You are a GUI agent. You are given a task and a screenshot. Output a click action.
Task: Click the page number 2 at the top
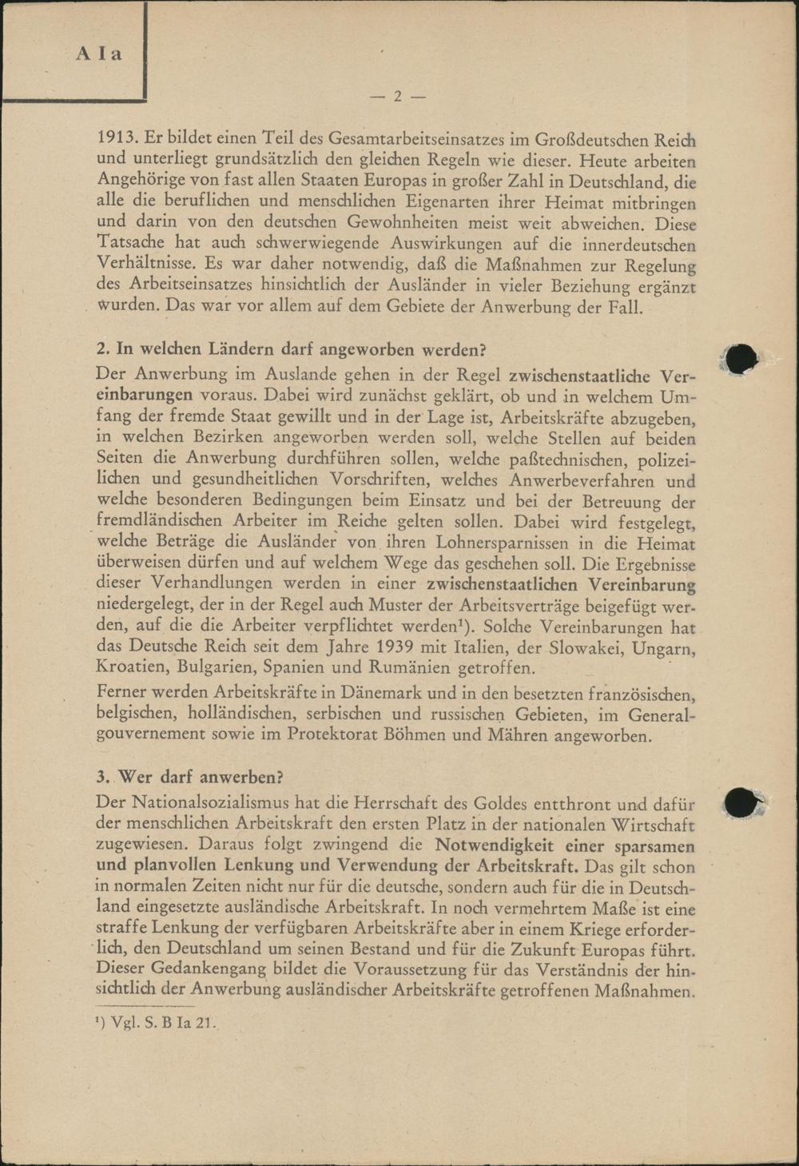coord(397,97)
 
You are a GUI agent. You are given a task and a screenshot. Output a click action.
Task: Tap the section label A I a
coord(99,54)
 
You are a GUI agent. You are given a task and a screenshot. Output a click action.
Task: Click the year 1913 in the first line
coord(117,139)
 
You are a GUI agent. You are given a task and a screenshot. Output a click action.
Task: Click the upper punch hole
coord(742,359)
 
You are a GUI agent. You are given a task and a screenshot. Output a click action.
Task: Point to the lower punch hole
coord(741,802)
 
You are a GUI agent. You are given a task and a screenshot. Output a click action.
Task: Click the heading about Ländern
coord(291,349)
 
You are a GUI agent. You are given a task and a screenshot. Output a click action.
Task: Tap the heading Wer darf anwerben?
coord(190,777)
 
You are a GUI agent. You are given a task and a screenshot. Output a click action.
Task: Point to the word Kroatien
coord(132,667)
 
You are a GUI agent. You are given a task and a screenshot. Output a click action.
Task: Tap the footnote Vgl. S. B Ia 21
coord(156,1021)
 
